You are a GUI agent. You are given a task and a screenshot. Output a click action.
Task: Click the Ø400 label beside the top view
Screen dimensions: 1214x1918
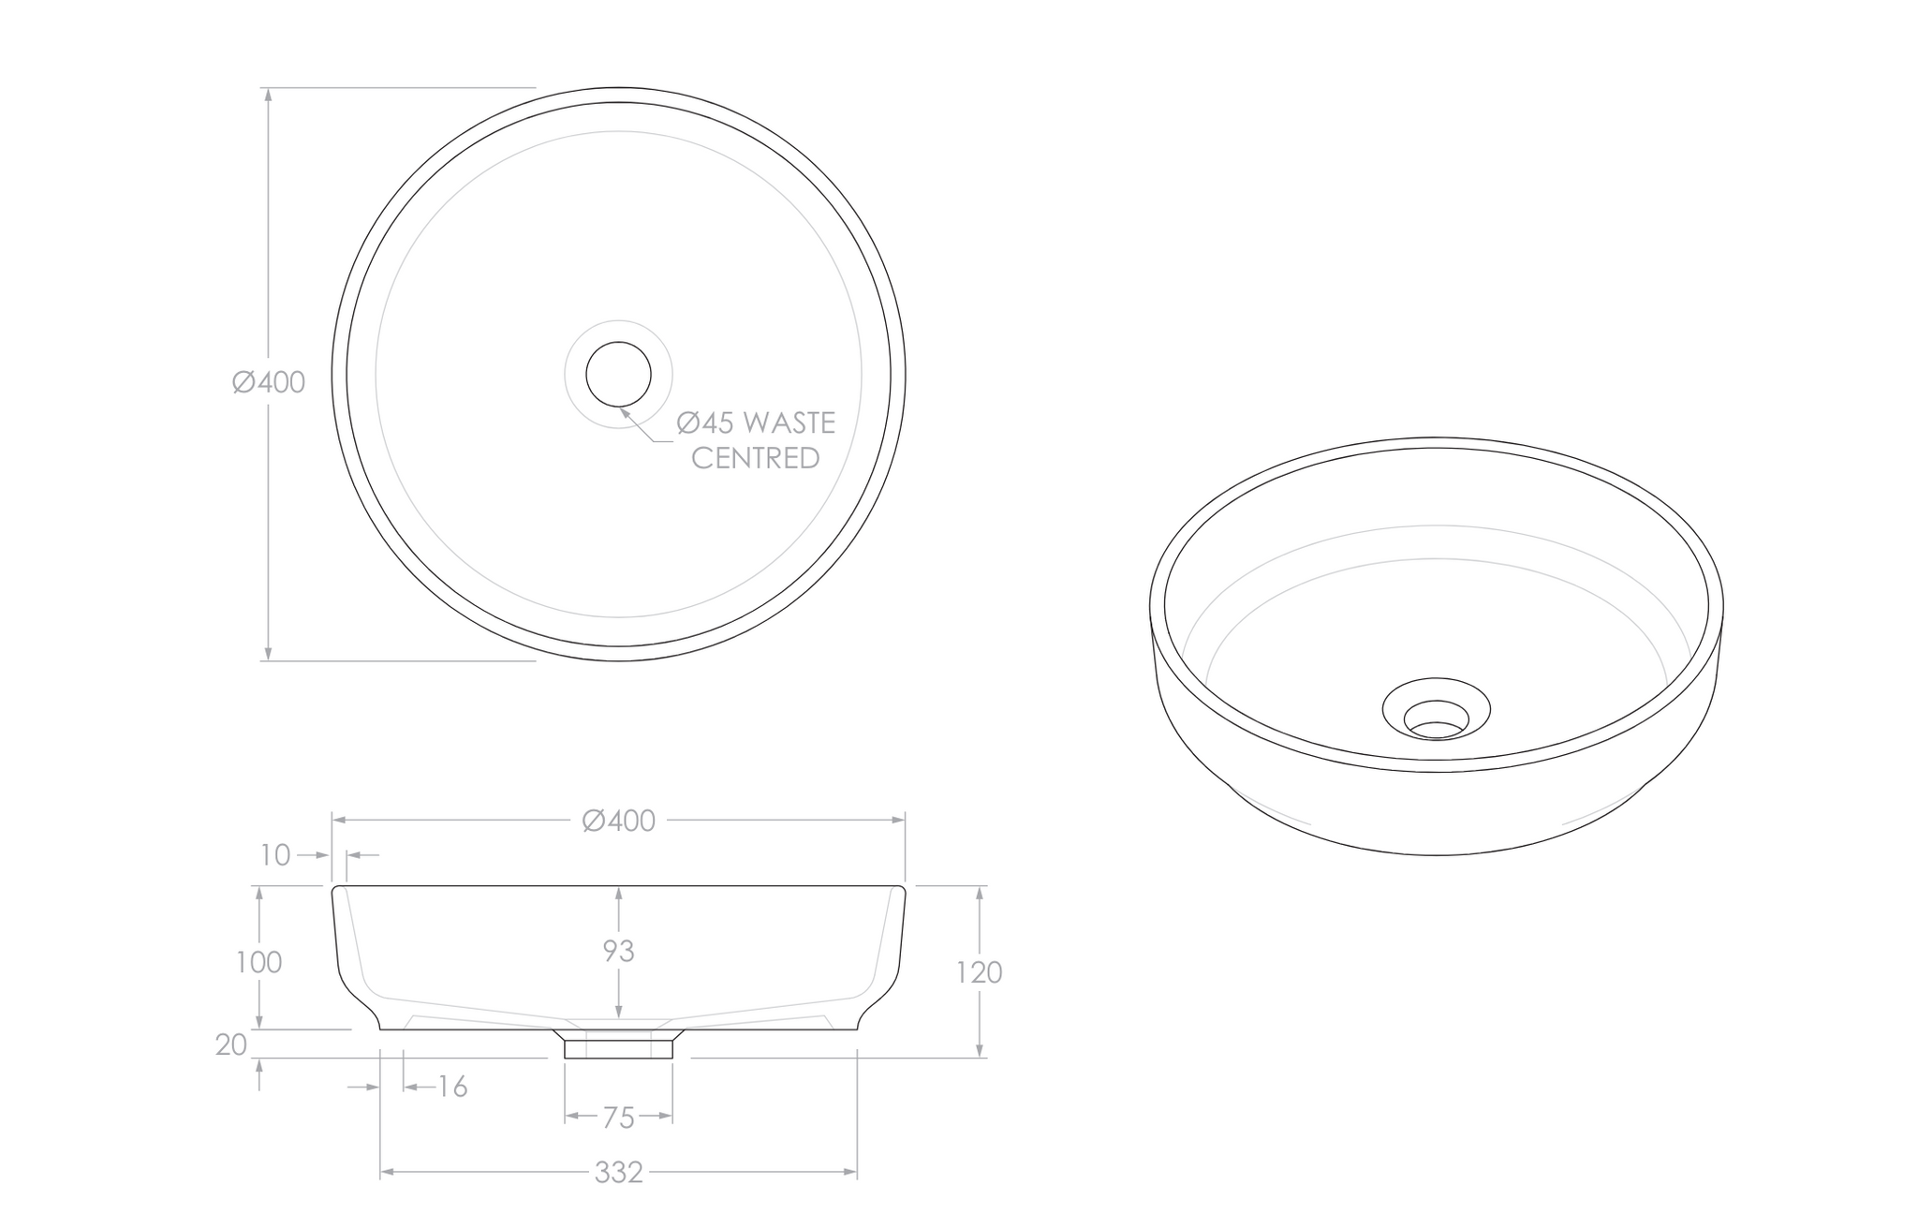[269, 382]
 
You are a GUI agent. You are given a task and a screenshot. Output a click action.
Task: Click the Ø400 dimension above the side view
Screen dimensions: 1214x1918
[618, 821]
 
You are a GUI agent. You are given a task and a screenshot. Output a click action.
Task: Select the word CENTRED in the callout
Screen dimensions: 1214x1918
[755, 458]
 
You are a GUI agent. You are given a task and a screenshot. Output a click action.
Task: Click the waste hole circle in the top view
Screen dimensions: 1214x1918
[618, 374]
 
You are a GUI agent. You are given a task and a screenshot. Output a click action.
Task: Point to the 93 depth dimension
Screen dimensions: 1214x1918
[618, 951]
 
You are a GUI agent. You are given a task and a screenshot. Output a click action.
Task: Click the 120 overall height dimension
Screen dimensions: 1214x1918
[979, 972]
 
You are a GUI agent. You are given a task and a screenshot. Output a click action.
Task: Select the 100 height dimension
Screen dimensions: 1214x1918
[258, 962]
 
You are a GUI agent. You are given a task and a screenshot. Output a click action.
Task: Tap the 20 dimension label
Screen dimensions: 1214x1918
[230, 1044]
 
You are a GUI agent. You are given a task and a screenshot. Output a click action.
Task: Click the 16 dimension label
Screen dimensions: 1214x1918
[452, 1087]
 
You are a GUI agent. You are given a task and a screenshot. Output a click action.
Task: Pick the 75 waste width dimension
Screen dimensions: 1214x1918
[618, 1118]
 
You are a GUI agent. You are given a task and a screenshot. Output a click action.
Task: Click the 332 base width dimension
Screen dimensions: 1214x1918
[618, 1172]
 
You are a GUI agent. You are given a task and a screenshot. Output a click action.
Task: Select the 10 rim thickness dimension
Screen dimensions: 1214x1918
[276, 854]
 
